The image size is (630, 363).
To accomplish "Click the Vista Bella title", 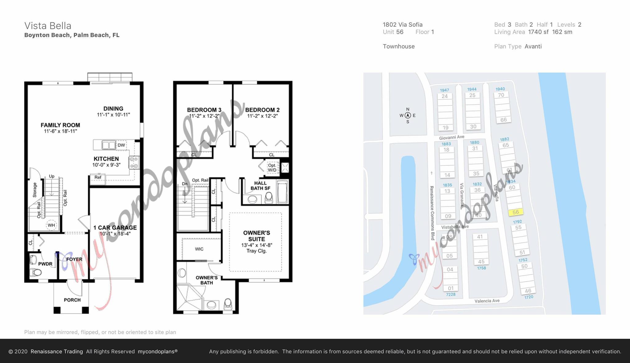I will coord(48,26).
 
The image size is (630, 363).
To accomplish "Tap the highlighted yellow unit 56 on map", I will coord(516,212).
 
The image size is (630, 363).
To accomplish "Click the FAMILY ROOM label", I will coord(60,125).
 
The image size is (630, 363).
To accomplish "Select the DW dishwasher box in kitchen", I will coord(121,145).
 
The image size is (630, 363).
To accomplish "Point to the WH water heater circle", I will coord(51,225).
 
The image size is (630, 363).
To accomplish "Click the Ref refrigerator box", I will coord(98,177).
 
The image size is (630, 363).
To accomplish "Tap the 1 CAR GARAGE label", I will coord(115,228).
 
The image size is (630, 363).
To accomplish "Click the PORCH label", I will coord(72,300).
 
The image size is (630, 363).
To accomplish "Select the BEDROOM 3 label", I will coord(204,110).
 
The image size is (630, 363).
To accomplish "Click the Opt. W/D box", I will coord(272,168).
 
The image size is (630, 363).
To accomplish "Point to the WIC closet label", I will coord(199,249).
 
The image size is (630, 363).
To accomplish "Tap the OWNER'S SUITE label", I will coord(257,236).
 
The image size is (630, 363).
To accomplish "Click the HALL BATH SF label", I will coord(260,185).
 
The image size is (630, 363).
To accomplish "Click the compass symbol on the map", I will coord(408,116).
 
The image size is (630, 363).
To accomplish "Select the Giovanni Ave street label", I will coord(452,137).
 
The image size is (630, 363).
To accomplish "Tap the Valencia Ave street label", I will coord(487,301).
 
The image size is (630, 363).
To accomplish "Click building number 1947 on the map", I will coord(444,90).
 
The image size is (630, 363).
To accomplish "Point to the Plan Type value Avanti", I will coord(533,46).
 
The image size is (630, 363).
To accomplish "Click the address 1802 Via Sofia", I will coord(402,25).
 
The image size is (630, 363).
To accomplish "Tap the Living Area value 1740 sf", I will coord(538,32).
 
